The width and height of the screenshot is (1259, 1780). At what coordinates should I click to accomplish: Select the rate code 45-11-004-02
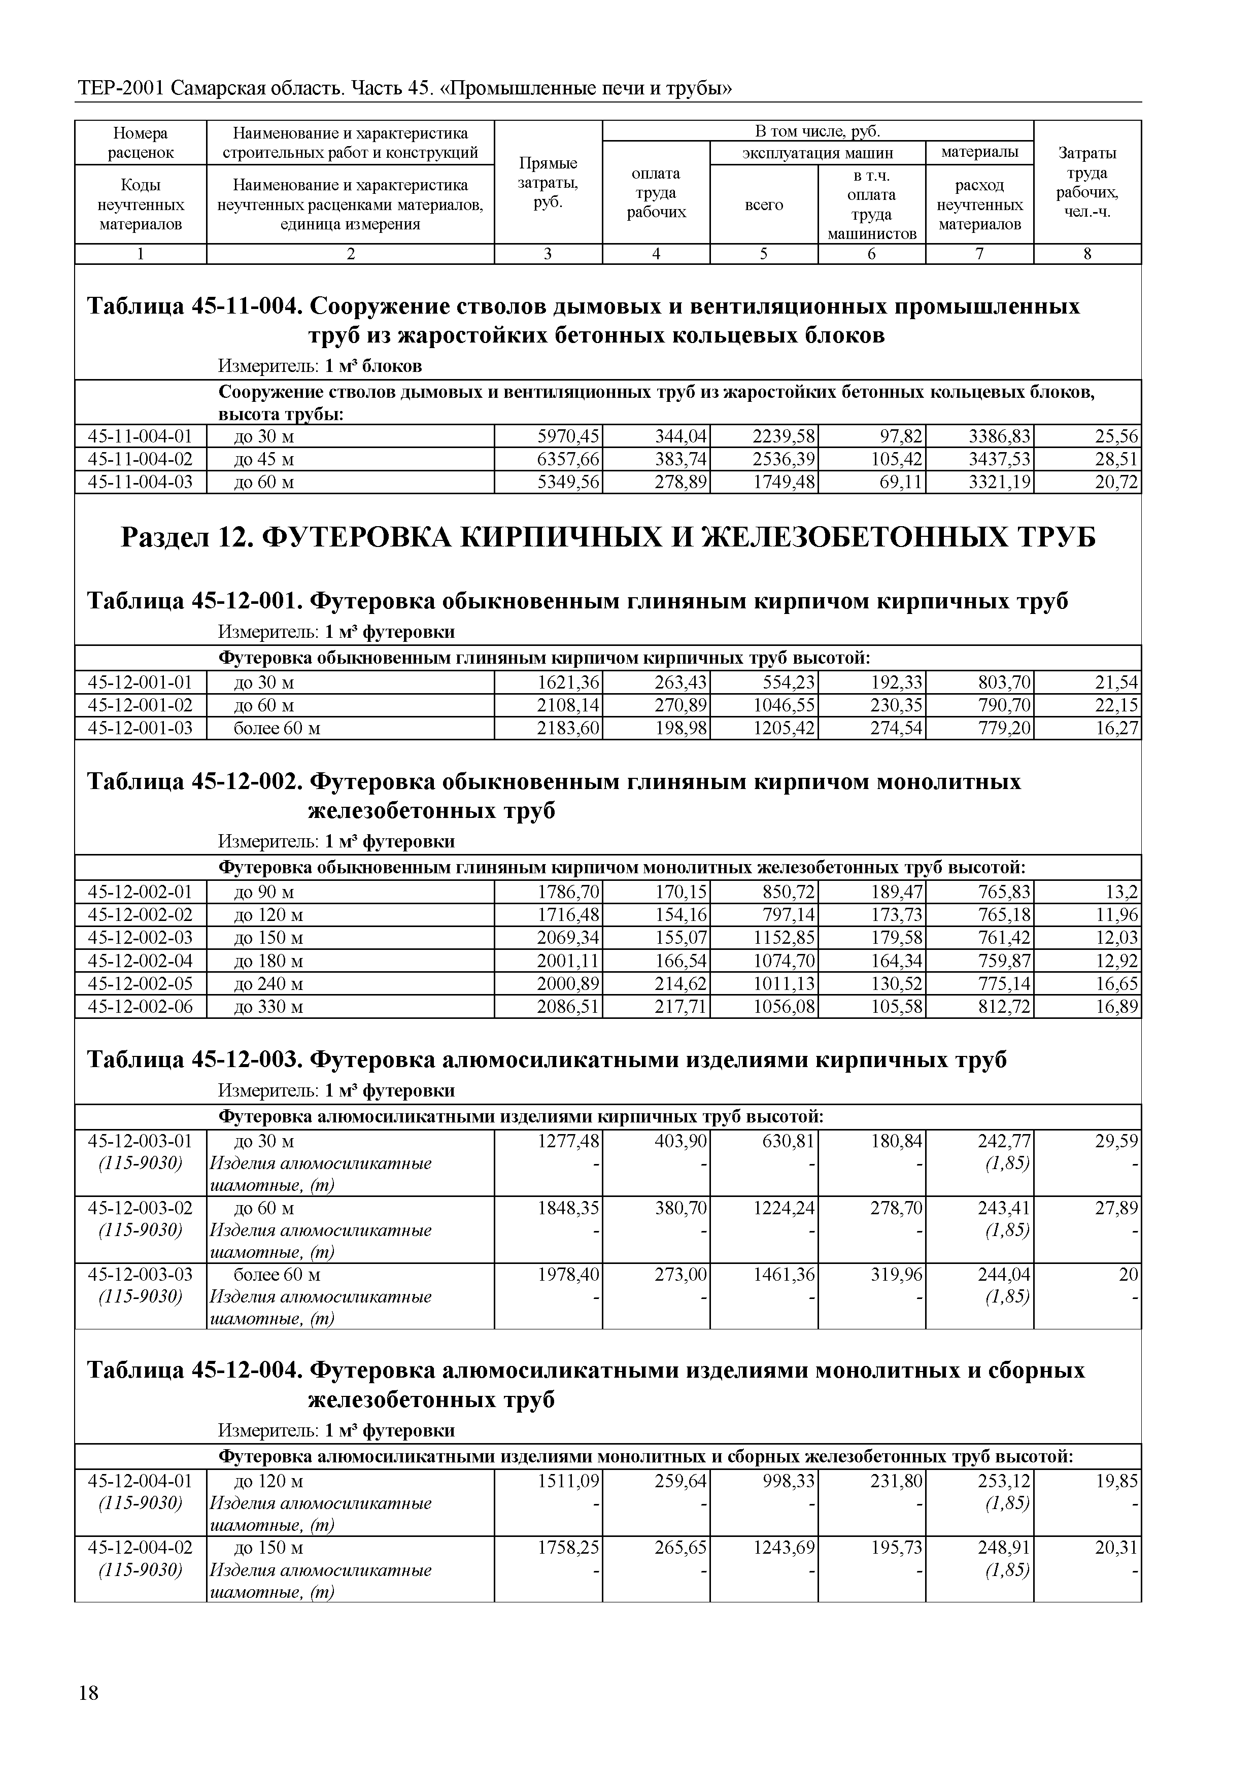[x=141, y=459]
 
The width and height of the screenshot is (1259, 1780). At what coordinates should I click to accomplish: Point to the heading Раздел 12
[x=608, y=537]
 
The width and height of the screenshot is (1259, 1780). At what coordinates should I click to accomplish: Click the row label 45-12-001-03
[x=141, y=728]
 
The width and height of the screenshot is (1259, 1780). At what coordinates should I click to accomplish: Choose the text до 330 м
[x=268, y=1007]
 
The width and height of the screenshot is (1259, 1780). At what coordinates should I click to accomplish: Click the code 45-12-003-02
[x=141, y=1208]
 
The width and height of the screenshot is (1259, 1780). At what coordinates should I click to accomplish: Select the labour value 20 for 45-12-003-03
[x=1128, y=1275]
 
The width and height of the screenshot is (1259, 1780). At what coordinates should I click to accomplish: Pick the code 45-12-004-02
[x=141, y=1548]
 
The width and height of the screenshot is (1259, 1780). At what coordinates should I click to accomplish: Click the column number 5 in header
[x=764, y=254]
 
